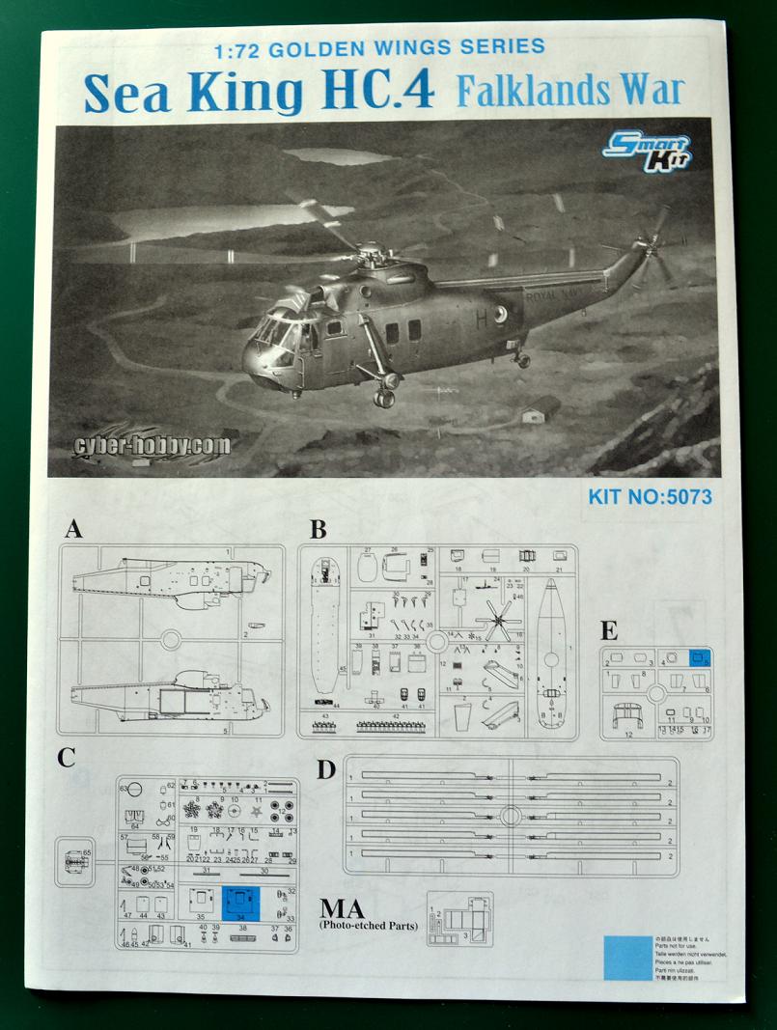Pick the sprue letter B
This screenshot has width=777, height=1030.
pyautogui.click(x=318, y=529)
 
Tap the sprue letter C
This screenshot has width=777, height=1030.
pyautogui.click(x=66, y=757)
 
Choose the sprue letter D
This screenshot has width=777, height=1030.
pyautogui.click(x=326, y=768)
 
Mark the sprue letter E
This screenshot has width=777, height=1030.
pyautogui.click(x=609, y=632)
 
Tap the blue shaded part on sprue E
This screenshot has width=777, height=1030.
pyautogui.click(x=701, y=657)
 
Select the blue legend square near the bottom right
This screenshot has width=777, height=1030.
pyautogui.click(x=628, y=958)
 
